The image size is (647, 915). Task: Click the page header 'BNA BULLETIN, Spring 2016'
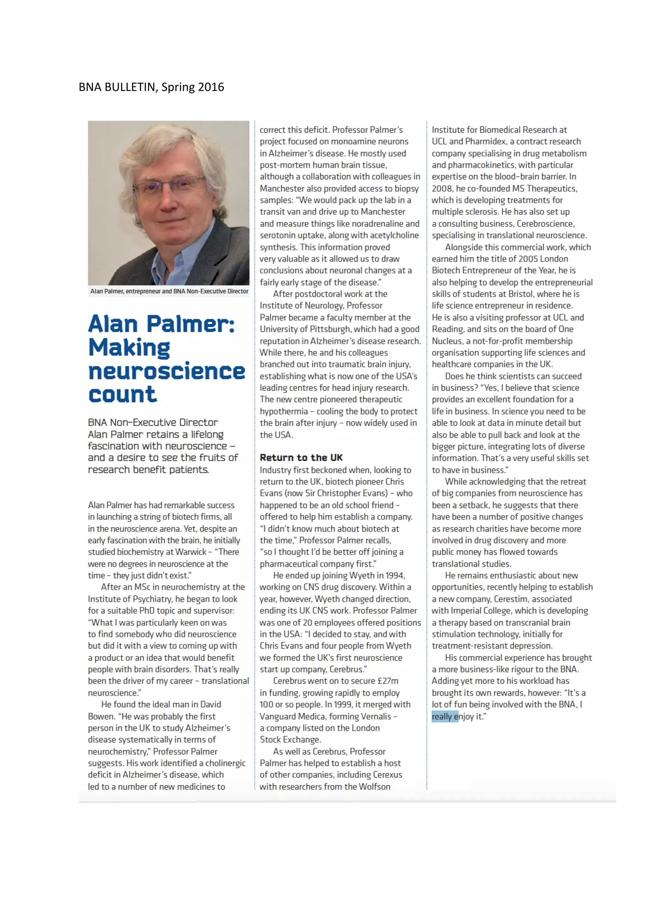151,87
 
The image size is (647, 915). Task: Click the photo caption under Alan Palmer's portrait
169,291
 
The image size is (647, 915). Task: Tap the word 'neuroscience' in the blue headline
166,372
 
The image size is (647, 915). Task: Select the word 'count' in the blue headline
122,395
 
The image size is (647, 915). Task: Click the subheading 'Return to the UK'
301,457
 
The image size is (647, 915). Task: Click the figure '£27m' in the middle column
388,681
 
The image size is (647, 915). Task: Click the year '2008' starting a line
442,189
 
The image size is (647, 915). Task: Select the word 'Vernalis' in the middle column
376,716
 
